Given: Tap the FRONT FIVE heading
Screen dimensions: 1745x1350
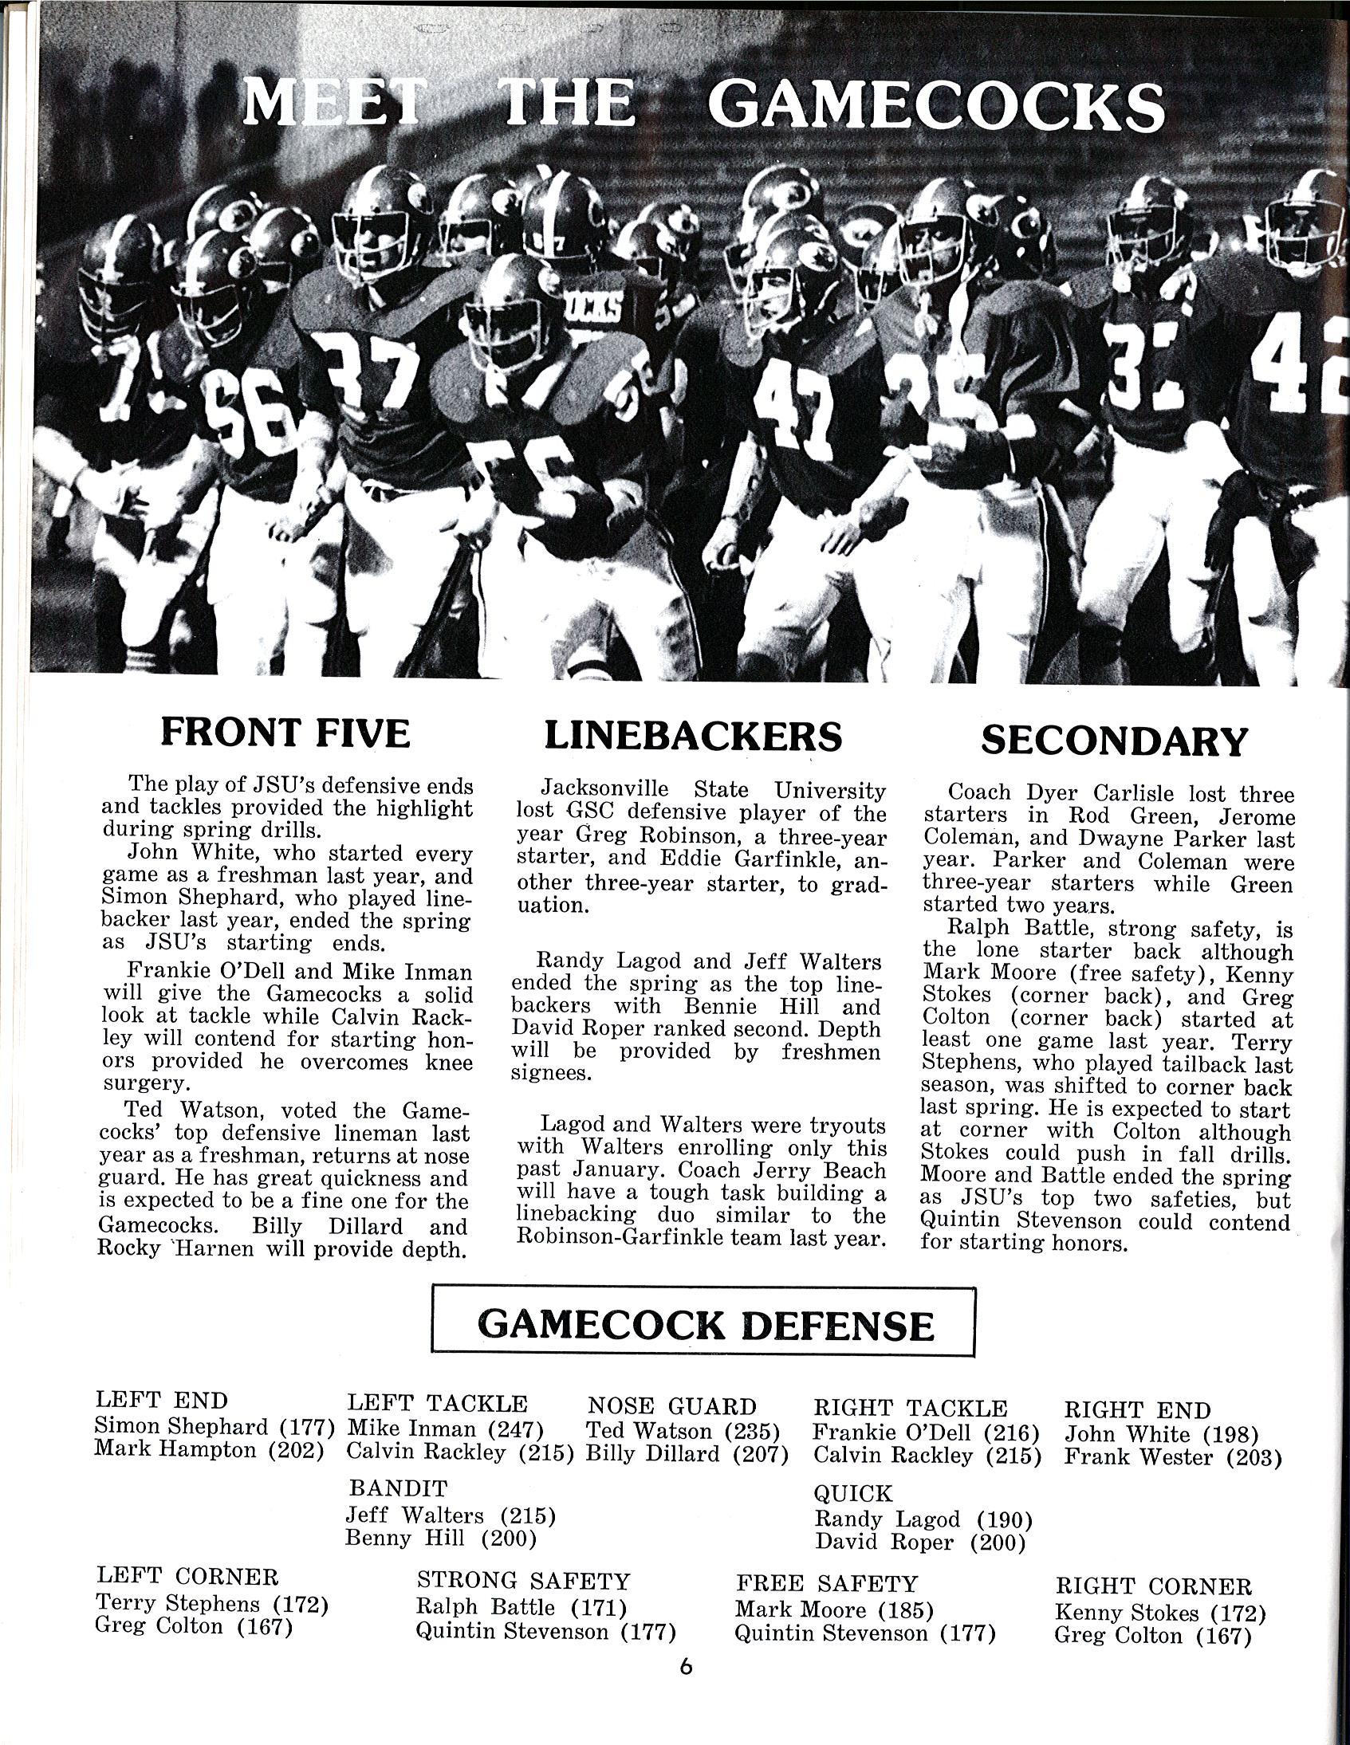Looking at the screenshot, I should point(285,733).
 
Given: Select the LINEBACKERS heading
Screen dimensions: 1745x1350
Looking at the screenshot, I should point(693,735).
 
